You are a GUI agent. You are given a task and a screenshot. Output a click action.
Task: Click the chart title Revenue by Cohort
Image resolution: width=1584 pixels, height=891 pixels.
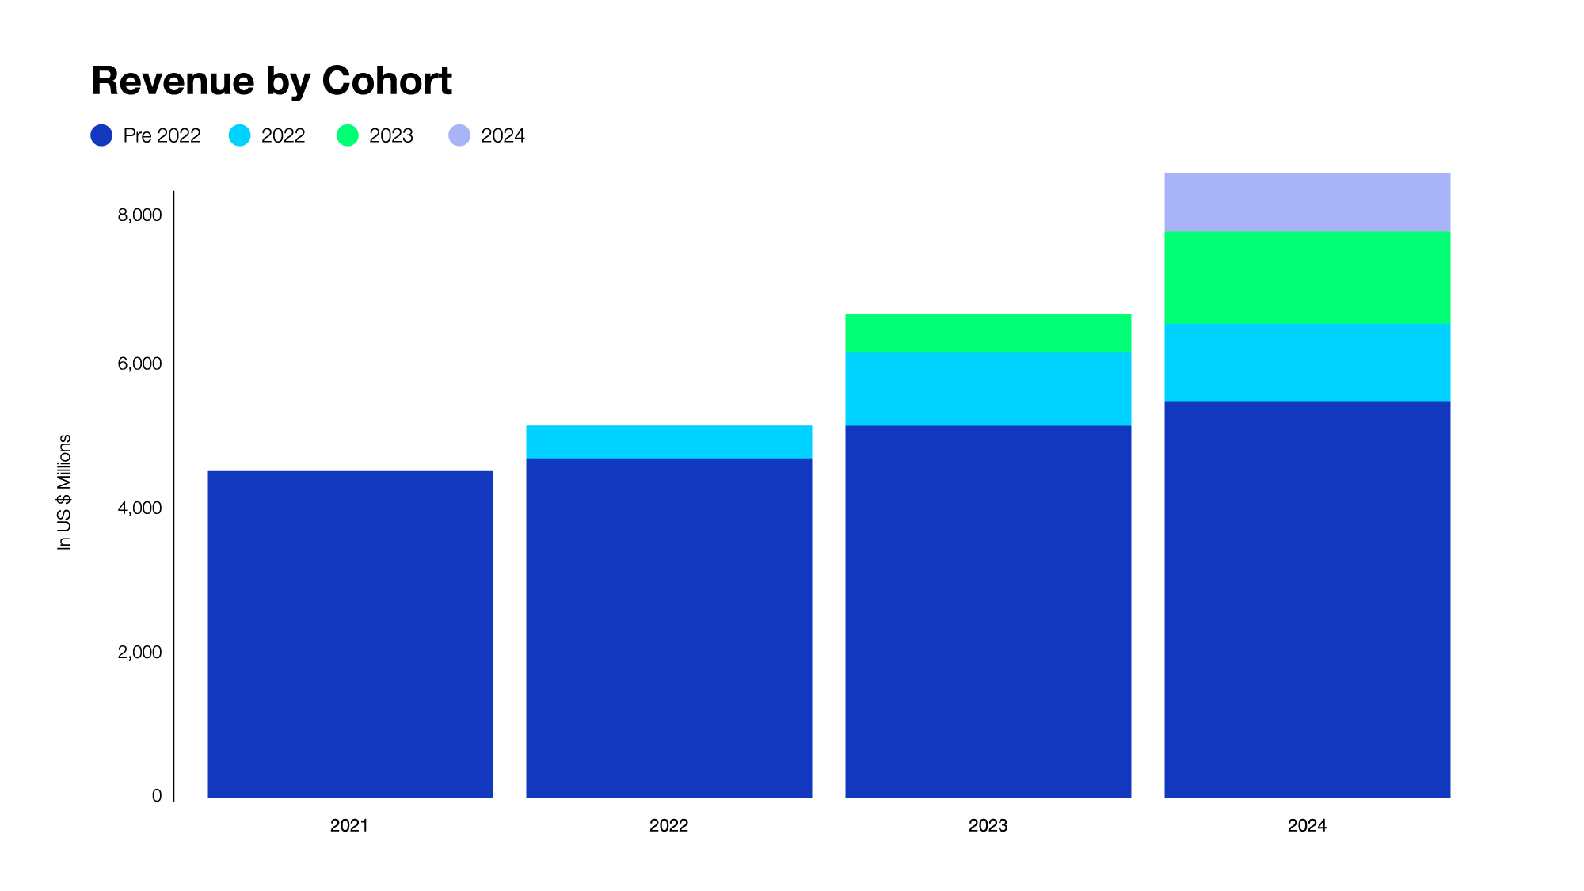pos(271,81)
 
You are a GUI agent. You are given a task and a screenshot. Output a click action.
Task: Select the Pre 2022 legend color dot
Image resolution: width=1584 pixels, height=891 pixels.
pos(101,135)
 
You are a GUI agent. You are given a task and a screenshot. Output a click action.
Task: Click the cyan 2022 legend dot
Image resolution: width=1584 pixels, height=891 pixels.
pos(239,135)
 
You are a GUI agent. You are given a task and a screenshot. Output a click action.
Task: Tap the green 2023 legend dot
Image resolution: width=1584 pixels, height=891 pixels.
pos(347,135)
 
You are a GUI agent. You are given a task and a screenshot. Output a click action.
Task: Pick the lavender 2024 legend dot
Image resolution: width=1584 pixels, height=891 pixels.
pos(459,135)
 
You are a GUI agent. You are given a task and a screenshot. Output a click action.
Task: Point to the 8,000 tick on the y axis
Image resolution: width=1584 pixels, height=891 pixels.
pos(139,215)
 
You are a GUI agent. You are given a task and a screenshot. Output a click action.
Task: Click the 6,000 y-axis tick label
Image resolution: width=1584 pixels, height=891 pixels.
pos(139,364)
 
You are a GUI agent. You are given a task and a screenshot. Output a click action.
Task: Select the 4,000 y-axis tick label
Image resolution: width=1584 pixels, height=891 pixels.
pos(139,508)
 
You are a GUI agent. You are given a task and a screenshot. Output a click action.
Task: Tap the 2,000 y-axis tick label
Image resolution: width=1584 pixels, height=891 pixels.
pos(139,652)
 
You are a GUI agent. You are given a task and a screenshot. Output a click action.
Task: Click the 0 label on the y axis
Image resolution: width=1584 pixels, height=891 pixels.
pos(157,795)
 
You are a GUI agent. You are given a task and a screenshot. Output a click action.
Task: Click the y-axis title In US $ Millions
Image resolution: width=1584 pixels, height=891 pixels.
pos(64,492)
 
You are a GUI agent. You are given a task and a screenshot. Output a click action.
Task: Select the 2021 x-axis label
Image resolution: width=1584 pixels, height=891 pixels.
pos(349,825)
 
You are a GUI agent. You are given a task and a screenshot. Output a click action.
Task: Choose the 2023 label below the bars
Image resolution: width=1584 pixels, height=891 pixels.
pos(988,825)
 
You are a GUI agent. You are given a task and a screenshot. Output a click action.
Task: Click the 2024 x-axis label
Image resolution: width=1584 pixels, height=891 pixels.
pos(1307,825)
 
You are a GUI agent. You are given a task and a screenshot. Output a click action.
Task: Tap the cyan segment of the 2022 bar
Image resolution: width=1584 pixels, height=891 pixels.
pos(668,442)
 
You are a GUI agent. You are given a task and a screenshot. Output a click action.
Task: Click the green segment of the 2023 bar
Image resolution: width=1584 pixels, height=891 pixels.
pos(988,333)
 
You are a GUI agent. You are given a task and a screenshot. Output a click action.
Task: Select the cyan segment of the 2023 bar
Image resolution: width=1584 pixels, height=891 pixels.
pos(988,389)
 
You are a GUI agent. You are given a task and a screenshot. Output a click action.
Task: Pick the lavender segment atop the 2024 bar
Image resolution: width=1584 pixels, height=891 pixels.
pos(1307,202)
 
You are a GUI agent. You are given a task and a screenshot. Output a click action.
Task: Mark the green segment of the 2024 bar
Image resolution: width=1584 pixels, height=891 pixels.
pos(1307,277)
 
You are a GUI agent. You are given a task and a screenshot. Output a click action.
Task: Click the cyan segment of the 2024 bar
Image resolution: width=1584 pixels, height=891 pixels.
pos(1307,362)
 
